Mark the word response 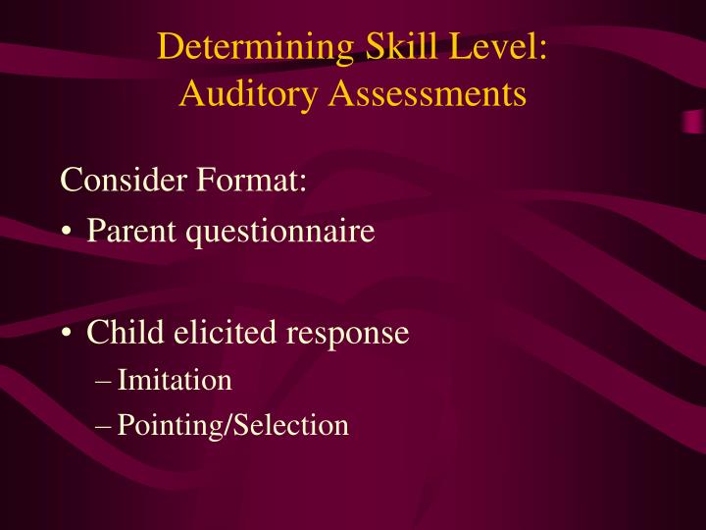pyautogui.click(x=347, y=335)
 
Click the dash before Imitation pyautogui.click(x=104, y=381)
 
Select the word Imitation pyautogui.click(x=175, y=380)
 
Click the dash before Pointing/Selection pyautogui.click(x=104, y=426)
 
